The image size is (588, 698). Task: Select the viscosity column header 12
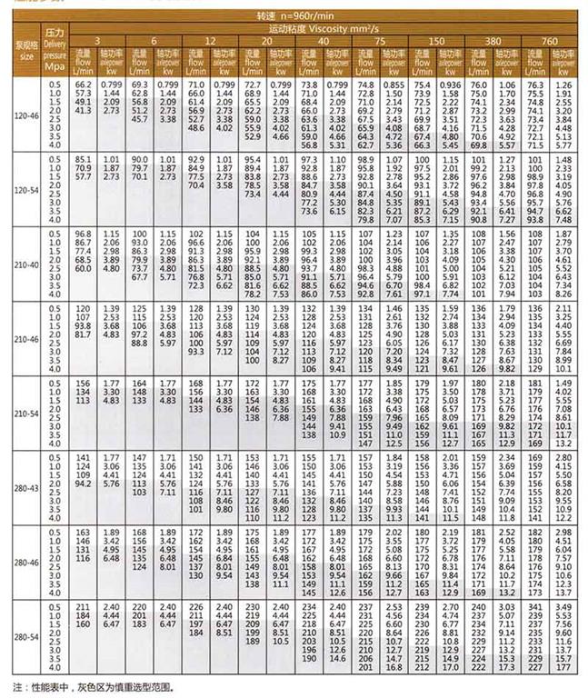(x=211, y=40)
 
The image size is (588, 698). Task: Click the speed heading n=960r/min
(x=322, y=16)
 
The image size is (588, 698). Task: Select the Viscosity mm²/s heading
(x=322, y=28)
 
